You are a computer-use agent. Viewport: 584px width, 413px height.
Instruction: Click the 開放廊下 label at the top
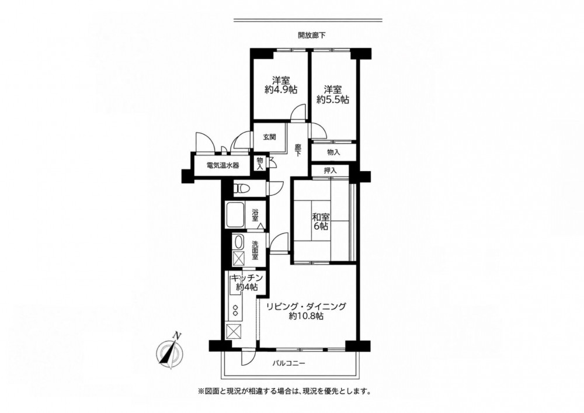click(312, 36)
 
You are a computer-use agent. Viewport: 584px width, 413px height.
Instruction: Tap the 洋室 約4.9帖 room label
click(281, 85)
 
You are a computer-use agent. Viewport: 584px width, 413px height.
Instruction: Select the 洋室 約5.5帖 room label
click(333, 94)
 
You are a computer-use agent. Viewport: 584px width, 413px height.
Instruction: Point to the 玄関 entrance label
click(269, 137)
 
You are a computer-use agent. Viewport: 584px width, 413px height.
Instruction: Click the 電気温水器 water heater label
click(223, 165)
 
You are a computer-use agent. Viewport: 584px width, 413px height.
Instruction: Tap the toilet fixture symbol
click(241, 189)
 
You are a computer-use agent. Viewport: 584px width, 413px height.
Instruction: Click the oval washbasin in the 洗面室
click(238, 242)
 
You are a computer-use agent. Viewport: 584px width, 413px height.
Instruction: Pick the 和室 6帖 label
click(320, 221)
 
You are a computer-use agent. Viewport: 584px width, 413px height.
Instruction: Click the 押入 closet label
click(330, 171)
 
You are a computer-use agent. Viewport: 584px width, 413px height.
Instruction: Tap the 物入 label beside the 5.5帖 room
click(333, 152)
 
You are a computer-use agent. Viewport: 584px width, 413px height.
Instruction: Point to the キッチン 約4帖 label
click(247, 283)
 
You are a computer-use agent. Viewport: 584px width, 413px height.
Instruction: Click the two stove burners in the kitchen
click(236, 311)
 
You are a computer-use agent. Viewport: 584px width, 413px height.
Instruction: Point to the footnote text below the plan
click(284, 391)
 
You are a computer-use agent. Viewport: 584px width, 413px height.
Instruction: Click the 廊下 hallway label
click(298, 150)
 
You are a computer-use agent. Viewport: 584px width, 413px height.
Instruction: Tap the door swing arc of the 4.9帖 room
click(298, 112)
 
